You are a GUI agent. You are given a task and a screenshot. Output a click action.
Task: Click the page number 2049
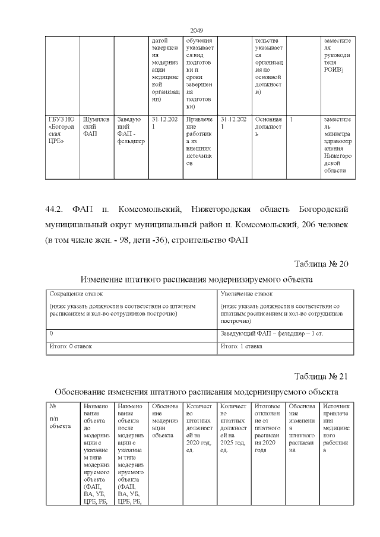pos(197,31)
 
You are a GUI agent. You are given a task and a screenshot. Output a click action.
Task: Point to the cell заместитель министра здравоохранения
pos(337,146)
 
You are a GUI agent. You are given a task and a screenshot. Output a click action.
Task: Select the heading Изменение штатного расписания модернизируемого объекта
pos(197,279)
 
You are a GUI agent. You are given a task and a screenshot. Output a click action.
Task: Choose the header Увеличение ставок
pos(246,294)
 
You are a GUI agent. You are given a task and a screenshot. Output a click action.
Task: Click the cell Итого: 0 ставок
pos(71,345)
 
